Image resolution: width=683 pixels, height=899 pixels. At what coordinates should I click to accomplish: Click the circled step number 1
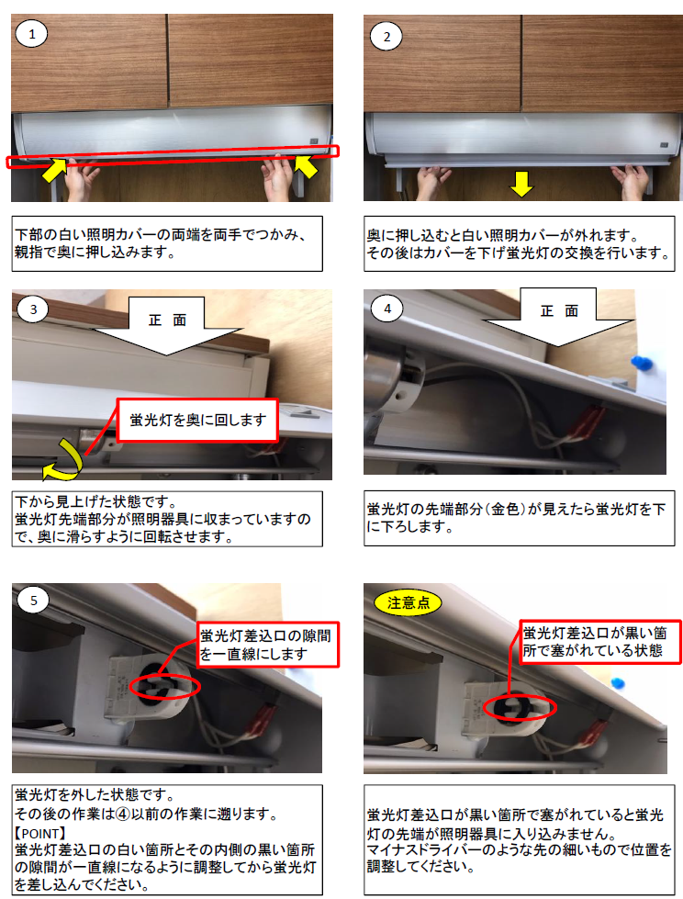[32, 36]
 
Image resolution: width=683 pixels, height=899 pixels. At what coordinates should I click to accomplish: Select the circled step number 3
[34, 309]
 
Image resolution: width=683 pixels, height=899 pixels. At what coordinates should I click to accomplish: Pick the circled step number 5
[34, 601]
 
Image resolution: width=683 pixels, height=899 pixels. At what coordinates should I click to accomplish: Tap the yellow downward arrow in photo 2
[521, 185]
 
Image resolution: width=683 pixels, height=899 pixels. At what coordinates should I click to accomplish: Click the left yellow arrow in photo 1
[54, 168]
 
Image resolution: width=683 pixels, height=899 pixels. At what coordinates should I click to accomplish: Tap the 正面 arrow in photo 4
[557, 317]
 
